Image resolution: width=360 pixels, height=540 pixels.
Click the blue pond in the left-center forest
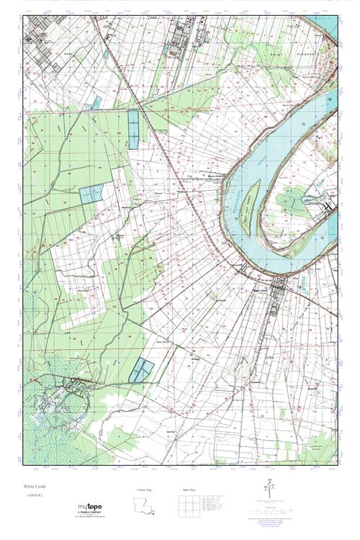click(91, 194)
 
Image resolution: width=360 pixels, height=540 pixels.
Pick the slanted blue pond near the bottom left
click(142, 370)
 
